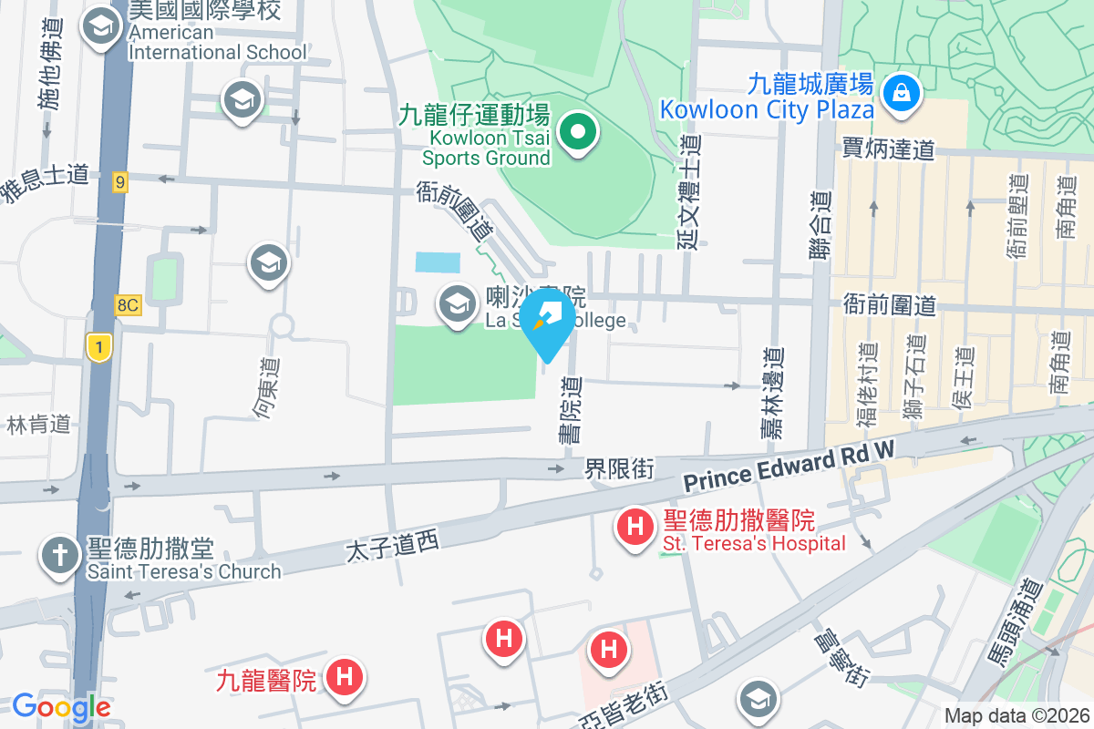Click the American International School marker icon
(x=96, y=26)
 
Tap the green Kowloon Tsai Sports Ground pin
(x=577, y=134)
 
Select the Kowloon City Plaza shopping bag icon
(x=901, y=91)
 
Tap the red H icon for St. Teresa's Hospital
(x=635, y=527)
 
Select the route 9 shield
(x=120, y=182)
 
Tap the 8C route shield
(x=128, y=306)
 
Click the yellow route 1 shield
(x=99, y=346)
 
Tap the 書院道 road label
(x=571, y=411)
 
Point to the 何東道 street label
(x=267, y=389)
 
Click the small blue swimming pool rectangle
(x=439, y=262)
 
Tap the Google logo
(x=61, y=706)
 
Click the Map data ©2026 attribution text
(x=1016, y=716)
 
